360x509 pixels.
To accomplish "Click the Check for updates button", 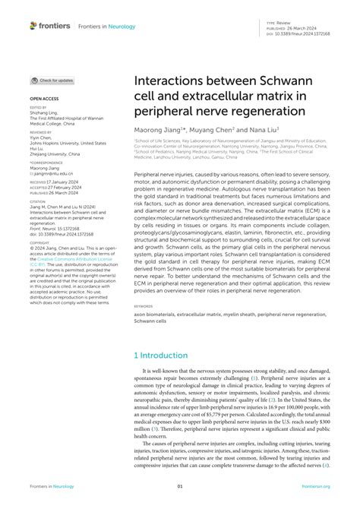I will click(x=52, y=80).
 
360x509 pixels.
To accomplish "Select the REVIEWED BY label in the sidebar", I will click(x=42, y=131).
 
